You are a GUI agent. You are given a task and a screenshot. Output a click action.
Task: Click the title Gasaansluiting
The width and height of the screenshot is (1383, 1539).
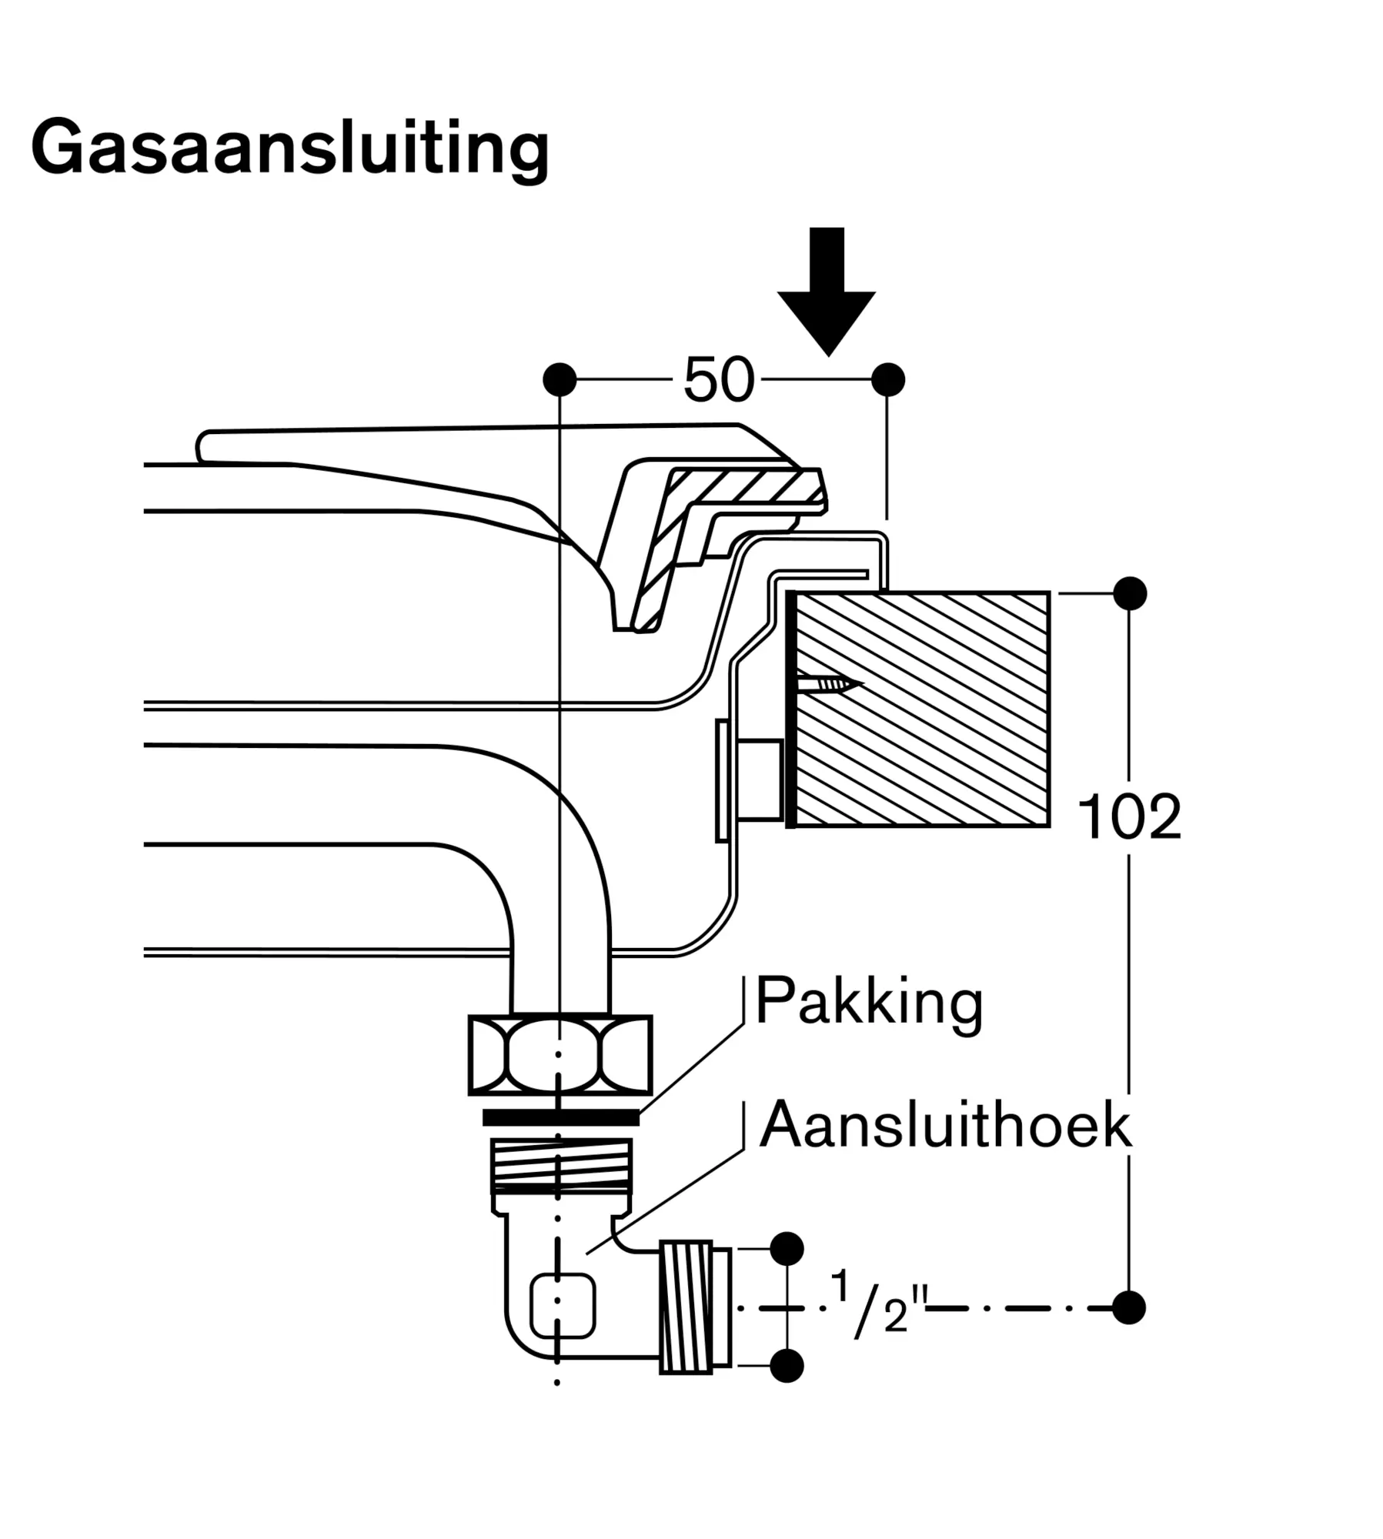(x=289, y=148)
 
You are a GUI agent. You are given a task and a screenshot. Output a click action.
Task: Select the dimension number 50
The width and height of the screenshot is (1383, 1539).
(x=718, y=379)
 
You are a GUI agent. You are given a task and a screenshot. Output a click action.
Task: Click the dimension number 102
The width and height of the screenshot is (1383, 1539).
(x=1128, y=816)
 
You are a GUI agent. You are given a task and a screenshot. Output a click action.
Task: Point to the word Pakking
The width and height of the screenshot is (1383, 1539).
(x=869, y=1002)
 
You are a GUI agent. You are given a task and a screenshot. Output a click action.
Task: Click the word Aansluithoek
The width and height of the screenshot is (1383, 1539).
(x=945, y=1126)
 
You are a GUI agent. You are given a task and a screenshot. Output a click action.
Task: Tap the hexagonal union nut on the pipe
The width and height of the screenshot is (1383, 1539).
(x=560, y=1055)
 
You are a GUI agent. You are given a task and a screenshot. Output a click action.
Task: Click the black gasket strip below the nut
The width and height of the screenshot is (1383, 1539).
(x=560, y=1117)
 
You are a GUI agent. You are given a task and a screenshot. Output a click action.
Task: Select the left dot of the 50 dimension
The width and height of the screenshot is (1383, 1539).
(x=560, y=379)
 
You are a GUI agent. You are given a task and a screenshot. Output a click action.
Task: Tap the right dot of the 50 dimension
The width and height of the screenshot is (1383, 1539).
(x=888, y=379)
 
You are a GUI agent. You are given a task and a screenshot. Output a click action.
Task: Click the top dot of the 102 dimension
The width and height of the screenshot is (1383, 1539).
(x=1129, y=593)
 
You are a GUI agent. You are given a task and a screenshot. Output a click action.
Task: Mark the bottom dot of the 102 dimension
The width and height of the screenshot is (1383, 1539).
(x=1129, y=1307)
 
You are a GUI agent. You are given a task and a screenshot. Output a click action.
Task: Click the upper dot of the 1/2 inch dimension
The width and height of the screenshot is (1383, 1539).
(x=787, y=1248)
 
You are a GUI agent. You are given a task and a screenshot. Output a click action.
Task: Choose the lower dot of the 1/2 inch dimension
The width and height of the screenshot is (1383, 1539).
(x=787, y=1366)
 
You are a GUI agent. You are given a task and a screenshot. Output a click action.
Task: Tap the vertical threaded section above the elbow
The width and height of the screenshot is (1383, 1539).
(x=561, y=1166)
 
